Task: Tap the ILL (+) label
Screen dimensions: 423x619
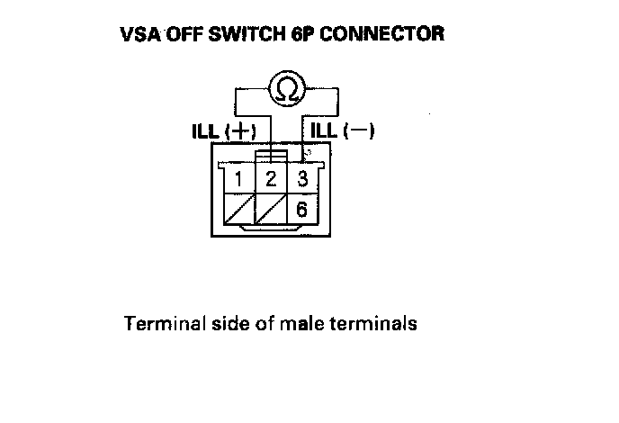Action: click(223, 131)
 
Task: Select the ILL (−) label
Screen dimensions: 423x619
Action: click(342, 131)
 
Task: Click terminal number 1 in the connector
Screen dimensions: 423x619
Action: click(238, 178)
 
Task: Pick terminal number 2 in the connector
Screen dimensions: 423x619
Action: click(271, 178)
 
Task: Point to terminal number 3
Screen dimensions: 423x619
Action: click(303, 178)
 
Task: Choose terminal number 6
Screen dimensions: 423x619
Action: click(303, 209)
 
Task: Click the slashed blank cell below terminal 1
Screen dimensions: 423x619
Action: click(238, 209)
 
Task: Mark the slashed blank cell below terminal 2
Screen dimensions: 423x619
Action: click(271, 209)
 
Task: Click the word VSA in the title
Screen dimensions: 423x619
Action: click(139, 35)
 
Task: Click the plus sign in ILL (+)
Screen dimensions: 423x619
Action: click(242, 131)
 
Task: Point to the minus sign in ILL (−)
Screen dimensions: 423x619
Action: click(359, 131)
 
